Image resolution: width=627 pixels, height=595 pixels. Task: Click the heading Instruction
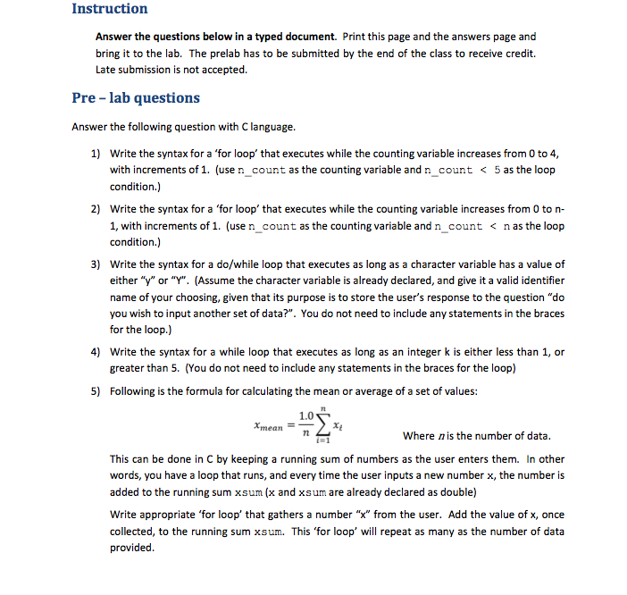pyautogui.click(x=109, y=9)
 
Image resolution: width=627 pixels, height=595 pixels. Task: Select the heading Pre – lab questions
pyautogui.click(x=136, y=98)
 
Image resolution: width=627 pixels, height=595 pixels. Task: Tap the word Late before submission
pyautogui.click(x=105, y=70)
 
